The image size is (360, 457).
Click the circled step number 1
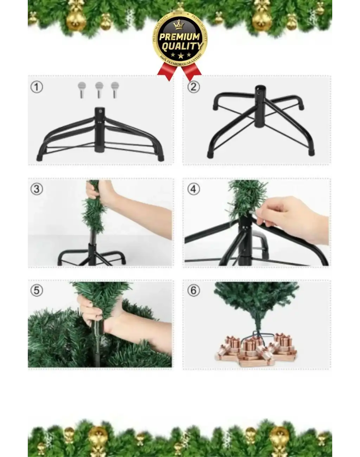click(37, 87)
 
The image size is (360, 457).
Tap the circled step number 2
click(194, 87)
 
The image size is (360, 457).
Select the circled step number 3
click(37, 189)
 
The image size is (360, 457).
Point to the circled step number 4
click(194, 189)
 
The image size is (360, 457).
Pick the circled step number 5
click(37, 291)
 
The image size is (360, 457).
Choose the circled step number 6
click(194, 291)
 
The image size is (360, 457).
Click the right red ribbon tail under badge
click(192, 71)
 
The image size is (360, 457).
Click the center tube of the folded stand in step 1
click(99, 130)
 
